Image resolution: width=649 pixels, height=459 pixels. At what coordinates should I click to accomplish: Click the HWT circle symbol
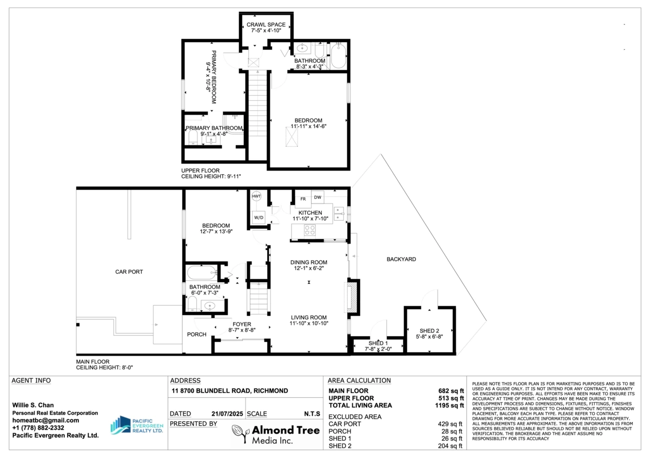[256, 196]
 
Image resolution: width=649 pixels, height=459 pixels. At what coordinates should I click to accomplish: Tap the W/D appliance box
[259, 218]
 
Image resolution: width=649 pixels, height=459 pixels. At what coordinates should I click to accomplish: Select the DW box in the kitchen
[318, 197]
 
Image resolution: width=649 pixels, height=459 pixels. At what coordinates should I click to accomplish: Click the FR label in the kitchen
[303, 198]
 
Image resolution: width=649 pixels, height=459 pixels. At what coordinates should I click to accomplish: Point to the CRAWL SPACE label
[266, 25]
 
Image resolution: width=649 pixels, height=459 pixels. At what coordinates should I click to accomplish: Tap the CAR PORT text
[129, 272]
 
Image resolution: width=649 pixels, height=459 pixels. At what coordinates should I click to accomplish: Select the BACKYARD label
[401, 259]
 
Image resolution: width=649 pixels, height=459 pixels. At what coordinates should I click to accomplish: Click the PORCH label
[197, 334]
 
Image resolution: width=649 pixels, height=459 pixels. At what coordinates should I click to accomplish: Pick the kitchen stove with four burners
[310, 230]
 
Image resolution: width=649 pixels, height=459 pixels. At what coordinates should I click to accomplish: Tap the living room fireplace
[352, 296]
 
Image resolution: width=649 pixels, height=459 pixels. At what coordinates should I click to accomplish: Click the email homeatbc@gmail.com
[46, 420]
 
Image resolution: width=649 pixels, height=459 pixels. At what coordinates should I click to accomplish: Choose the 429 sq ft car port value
[450, 424]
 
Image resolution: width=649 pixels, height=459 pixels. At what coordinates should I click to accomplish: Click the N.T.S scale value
[310, 414]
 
